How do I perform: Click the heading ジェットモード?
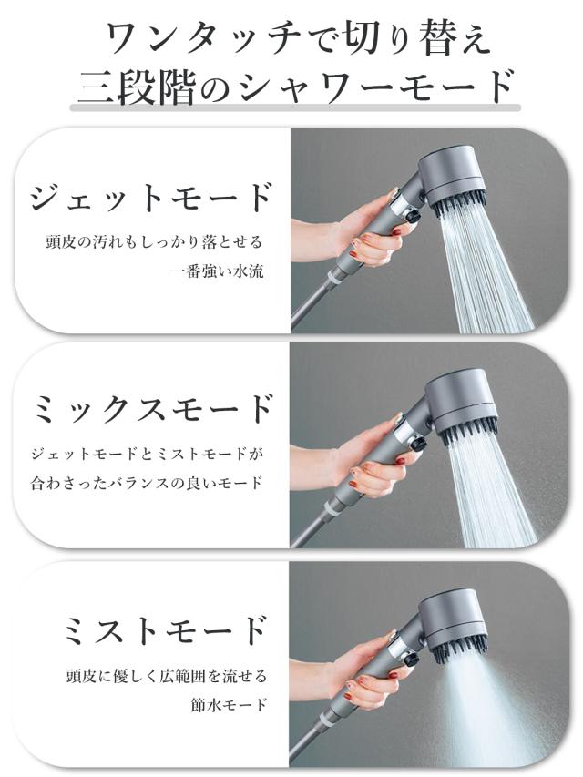pyautogui.click(x=151, y=199)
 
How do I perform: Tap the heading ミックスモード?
pyautogui.click(x=153, y=408)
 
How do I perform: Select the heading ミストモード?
pyautogui.click(x=166, y=630)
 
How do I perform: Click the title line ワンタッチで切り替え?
pyautogui.click(x=299, y=38)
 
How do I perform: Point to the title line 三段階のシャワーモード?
pyautogui.click(x=295, y=86)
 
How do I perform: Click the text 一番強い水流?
pyautogui.click(x=216, y=271)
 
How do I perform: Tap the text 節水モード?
pyautogui.click(x=229, y=704)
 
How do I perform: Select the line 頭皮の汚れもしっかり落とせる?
pyautogui.click(x=154, y=241)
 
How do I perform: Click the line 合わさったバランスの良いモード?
pyautogui.click(x=147, y=482)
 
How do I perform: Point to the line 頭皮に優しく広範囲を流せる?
pyautogui.click(x=167, y=675)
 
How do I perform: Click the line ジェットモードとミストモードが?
pyautogui.click(x=148, y=454)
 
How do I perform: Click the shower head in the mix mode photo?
pyautogui.click(x=462, y=403)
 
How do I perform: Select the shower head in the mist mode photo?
pyautogui.click(x=452, y=624)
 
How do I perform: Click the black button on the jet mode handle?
pyautogui.click(x=412, y=216)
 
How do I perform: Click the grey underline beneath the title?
pyautogui.click(x=295, y=107)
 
